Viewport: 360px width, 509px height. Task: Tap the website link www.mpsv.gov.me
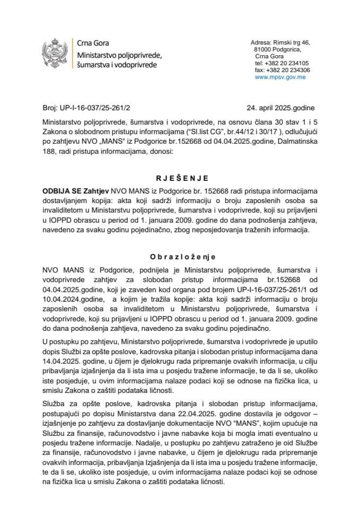coord(279,77)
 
